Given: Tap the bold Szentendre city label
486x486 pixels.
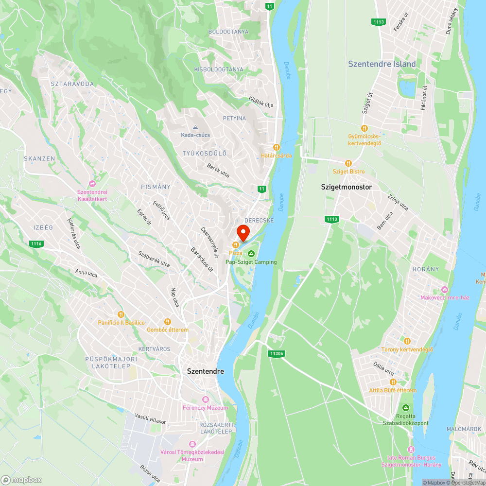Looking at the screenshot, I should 206,371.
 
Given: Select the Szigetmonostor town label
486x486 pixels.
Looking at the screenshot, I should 347,187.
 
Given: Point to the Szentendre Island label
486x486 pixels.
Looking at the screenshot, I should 382,64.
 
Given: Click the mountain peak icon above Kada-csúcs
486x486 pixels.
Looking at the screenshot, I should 195,127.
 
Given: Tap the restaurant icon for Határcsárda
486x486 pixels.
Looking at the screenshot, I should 276,147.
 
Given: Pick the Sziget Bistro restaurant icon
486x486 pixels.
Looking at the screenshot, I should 348,163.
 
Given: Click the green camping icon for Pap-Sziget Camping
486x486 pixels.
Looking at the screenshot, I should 251,254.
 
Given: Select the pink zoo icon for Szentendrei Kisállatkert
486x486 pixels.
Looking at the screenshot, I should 92,184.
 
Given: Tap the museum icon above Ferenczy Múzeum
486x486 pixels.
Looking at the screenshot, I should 205,399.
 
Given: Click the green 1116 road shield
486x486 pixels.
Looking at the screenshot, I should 36,243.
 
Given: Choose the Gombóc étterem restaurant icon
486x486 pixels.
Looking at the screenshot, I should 168,321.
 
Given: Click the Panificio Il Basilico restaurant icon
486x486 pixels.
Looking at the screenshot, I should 121,314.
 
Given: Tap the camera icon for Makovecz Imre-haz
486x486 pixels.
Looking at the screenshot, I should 444,289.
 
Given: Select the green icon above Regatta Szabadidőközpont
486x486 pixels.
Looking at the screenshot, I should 405,407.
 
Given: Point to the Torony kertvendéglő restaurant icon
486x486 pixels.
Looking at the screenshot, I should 407,341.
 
